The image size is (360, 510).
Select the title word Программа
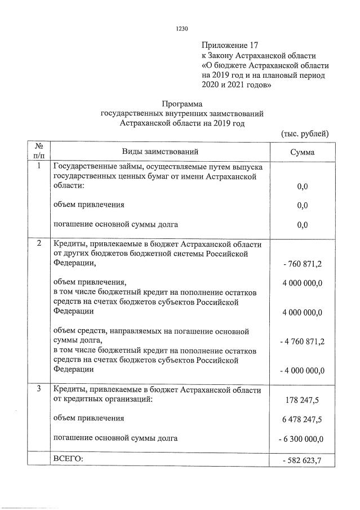181,104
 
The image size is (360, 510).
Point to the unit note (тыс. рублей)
305,134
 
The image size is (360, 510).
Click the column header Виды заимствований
161,152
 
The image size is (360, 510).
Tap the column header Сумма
303,152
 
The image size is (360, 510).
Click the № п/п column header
39,151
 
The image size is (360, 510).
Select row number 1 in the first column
39,167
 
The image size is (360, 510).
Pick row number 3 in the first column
39,390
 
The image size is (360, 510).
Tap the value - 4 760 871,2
303,342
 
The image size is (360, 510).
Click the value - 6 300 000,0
303,439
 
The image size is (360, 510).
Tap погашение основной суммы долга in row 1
115,224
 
